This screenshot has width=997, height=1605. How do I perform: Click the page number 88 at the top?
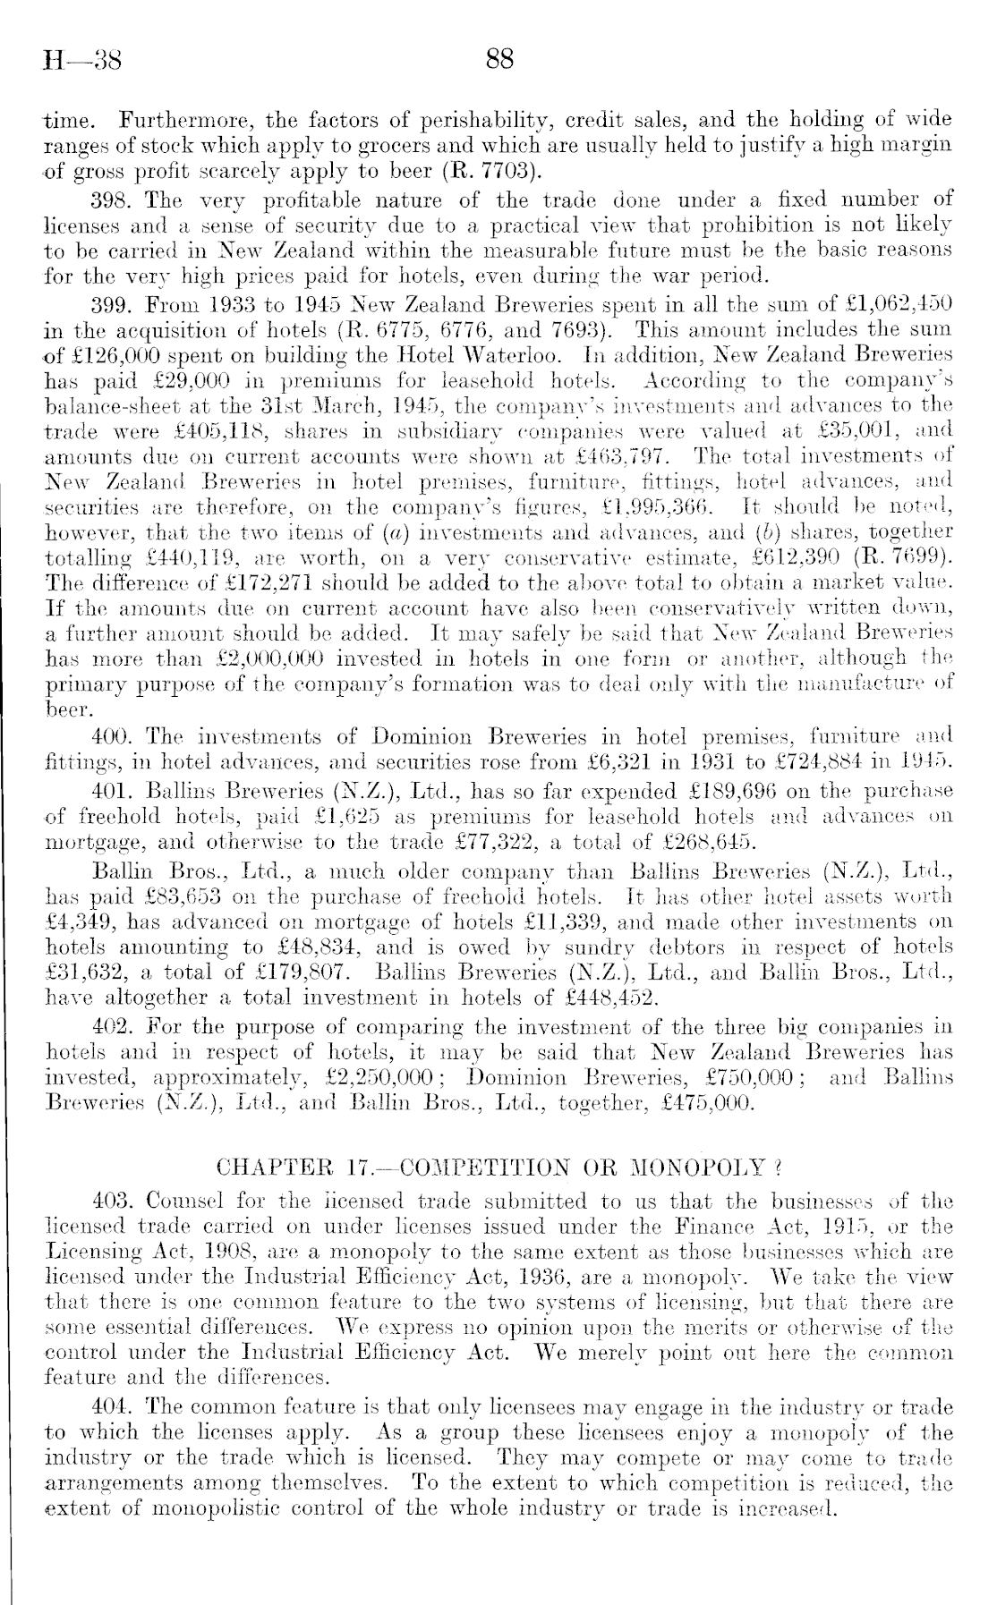click(x=498, y=60)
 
